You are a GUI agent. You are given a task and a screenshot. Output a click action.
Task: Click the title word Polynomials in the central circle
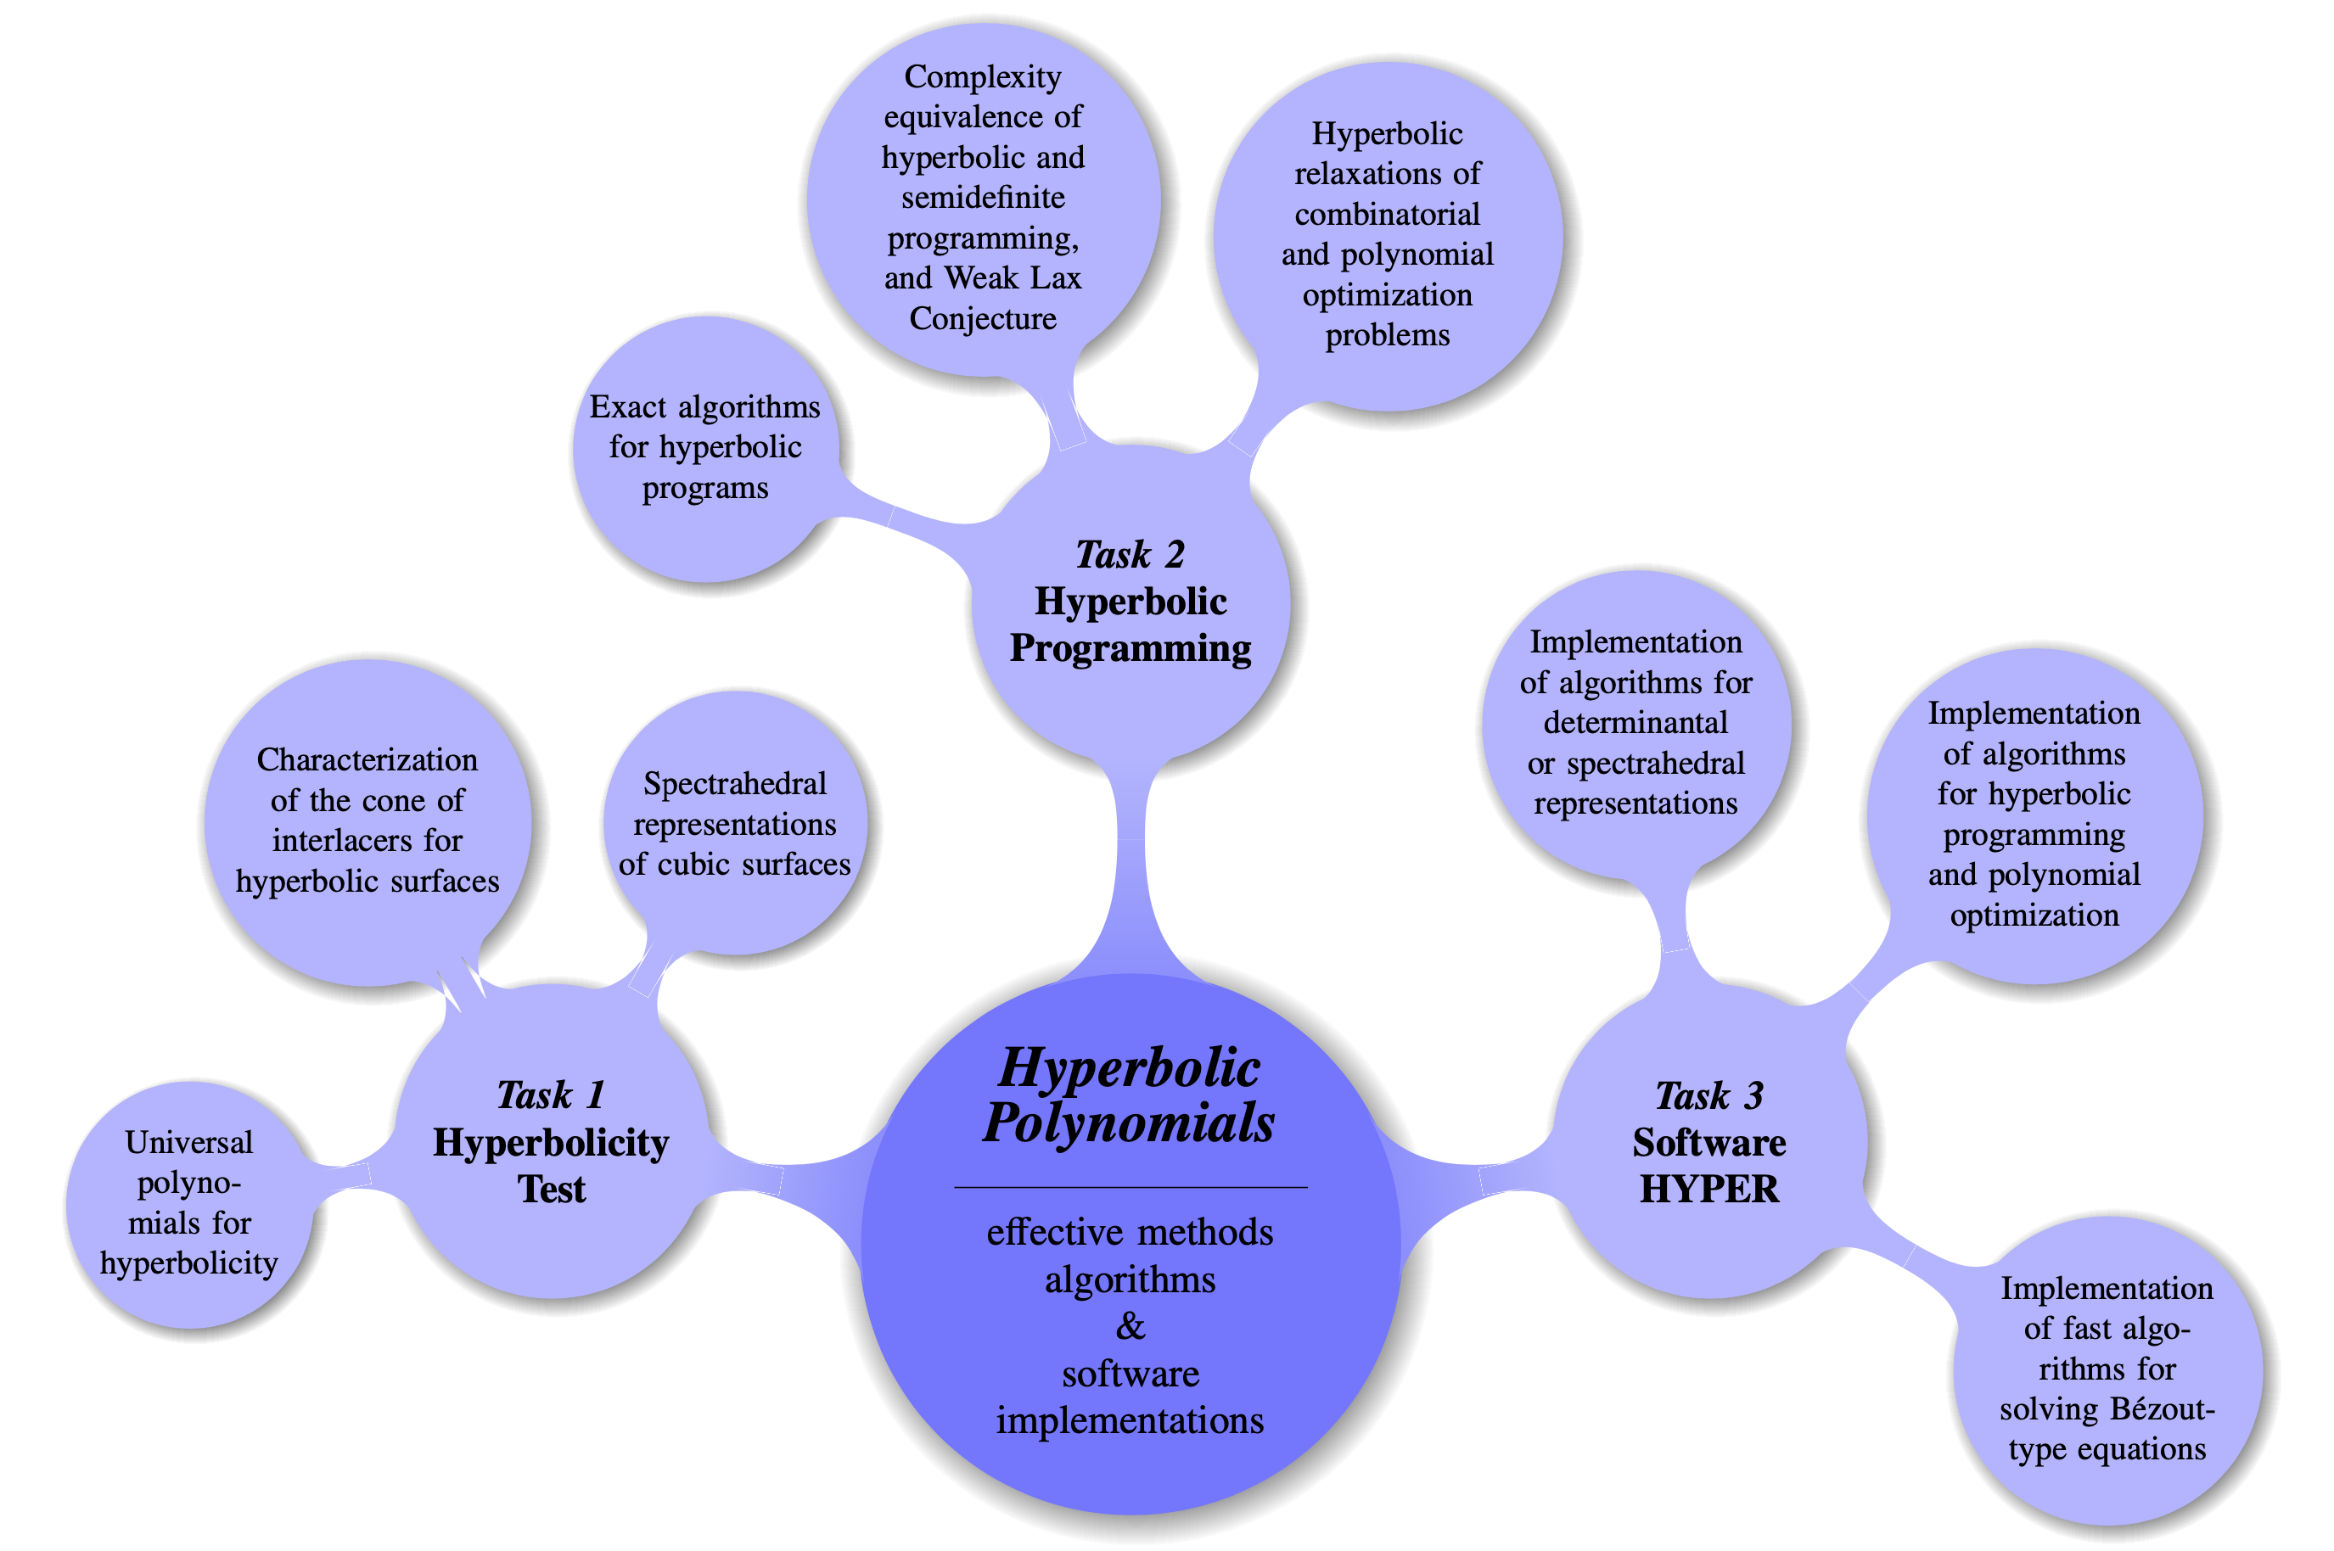click(x=1129, y=1123)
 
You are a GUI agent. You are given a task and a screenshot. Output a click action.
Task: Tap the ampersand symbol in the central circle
click(x=1130, y=1325)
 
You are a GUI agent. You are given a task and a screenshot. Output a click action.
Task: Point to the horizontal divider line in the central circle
click(x=1130, y=1186)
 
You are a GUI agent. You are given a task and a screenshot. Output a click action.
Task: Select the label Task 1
click(x=551, y=1095)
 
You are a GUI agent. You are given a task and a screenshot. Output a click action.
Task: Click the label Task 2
click(x=1130, y=555)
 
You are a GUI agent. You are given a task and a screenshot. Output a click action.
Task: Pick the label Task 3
click(x=1708, y=1096)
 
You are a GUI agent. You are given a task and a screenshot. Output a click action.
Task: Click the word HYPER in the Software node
click(x=1708, y=1189)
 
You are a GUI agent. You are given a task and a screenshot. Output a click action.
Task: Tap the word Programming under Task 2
click(x=1130, y=649)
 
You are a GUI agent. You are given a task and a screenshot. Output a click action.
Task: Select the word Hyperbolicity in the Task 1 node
click(x=551, y=1143)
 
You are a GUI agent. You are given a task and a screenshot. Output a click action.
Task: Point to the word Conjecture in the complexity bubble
click(x=983, y=318)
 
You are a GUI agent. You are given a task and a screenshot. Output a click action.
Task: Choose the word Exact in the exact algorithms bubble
click(x=627, y=406)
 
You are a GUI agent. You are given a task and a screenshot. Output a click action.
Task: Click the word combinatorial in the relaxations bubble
click(x=1387, y=215)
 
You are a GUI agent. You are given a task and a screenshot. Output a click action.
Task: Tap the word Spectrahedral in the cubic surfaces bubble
click(x=734, y=783)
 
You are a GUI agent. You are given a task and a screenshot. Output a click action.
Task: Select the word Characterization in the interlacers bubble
click(x=367, y=759)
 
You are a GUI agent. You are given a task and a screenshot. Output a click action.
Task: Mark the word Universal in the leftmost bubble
click(x=189, y=1143)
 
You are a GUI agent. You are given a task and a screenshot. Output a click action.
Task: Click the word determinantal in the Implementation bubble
click(x=1635, y=723)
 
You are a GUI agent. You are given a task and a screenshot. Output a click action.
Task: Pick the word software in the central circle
click(x=1130, y=1374)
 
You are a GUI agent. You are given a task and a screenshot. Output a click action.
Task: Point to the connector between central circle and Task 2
click(x=1131, y=871)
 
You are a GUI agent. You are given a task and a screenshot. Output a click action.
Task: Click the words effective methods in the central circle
click(x=1130, y=1233)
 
